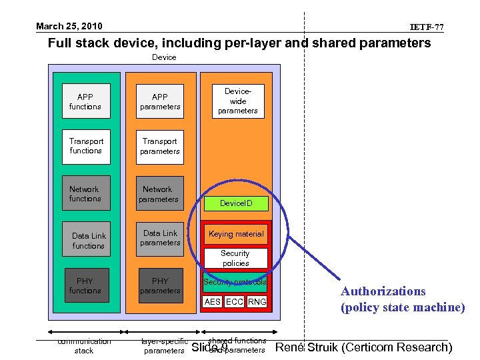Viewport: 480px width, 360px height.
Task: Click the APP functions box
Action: point(85,101)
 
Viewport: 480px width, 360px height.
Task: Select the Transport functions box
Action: point(86,146)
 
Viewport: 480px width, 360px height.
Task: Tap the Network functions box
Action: point(85,194)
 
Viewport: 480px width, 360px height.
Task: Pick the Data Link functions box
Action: point(89,241)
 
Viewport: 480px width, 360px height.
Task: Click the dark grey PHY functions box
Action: point(85,285)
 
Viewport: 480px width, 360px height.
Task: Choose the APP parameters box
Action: point(160,101)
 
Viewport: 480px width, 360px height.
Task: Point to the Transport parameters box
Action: point(160,146)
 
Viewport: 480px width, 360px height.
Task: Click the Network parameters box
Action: point(159,194)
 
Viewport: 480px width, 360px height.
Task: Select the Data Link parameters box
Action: point(160,238)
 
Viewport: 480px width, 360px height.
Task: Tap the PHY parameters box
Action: point(160,285)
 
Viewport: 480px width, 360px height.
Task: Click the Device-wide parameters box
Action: point(238,101)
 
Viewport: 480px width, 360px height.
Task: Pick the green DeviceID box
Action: point(236,203)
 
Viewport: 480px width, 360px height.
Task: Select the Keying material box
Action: point(236,234)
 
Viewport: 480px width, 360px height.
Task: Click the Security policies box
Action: point(235,258)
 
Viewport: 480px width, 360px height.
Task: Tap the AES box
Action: point(213,302)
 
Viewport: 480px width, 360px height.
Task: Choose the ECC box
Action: point(234,302)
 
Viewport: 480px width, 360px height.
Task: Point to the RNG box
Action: point(257,302)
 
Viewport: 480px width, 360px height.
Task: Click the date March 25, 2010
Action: point(69,27)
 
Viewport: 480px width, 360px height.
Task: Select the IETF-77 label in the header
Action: point(427,27)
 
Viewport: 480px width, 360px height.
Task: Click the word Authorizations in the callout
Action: point(383,291)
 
